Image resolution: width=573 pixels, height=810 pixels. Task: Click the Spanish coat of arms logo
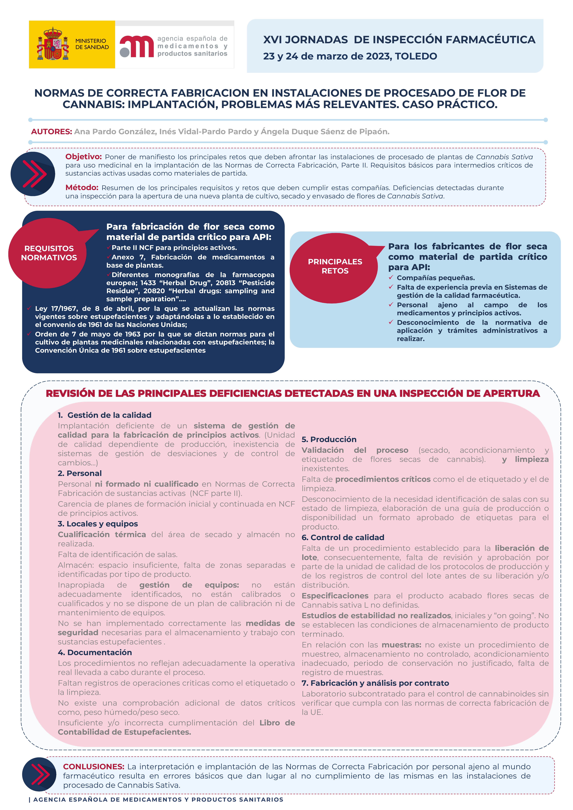coord(53,44)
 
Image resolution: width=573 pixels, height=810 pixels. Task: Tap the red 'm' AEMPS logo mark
coord(137,46)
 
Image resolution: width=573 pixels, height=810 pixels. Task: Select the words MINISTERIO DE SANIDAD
coord(92,44)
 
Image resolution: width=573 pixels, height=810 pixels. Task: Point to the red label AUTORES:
coord(52,132)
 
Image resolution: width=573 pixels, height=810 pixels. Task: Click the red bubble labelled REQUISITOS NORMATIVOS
coord(49,253)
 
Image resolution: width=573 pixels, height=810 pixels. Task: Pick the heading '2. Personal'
coord(80,473)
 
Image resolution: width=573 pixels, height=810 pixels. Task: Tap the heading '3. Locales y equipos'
coord(98,524)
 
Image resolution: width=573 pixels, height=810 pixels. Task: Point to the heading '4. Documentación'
coord(95,653)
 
